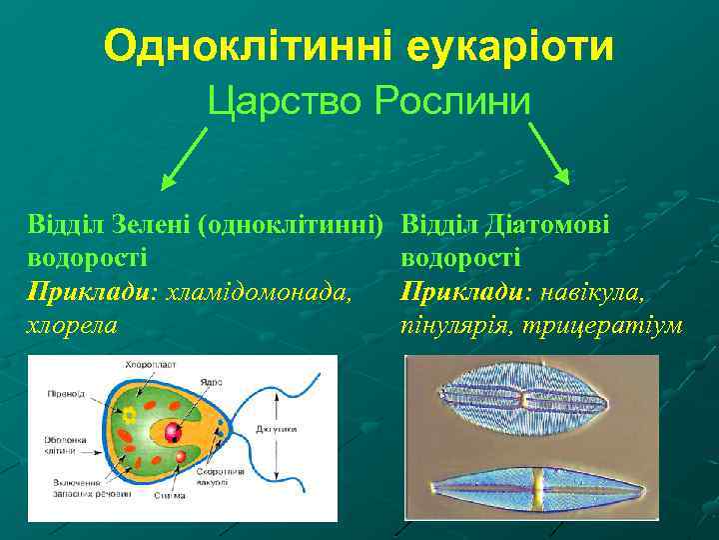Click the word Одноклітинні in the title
pos(246,47)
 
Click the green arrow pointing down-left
pos(186,159)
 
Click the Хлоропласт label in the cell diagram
pos(149,365)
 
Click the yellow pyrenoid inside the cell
pos(129,413)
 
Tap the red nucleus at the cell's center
pos(173,432)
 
